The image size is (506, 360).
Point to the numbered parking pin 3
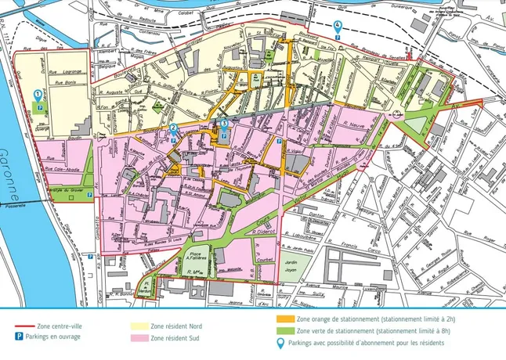coord(224,124)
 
